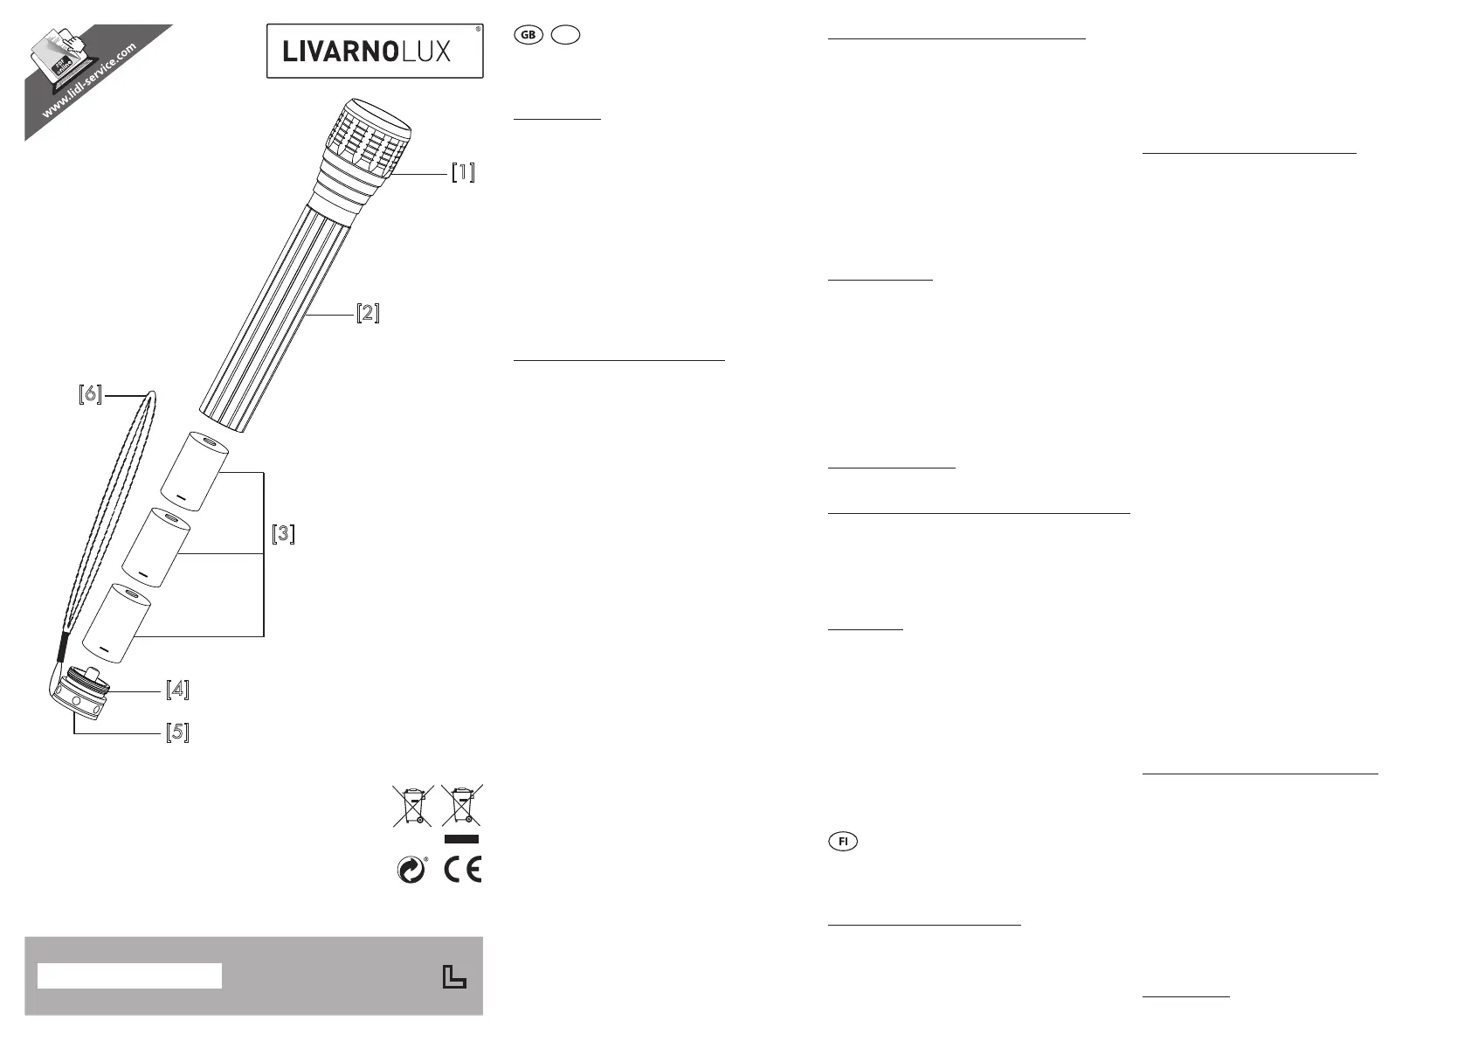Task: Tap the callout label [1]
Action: [x=463, y=173]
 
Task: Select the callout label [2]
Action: [x=368, y=313]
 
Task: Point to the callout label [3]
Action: [x=284, y=534]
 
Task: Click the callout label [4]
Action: [x=177, y=690]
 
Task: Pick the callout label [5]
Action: [x=91, y=394]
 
